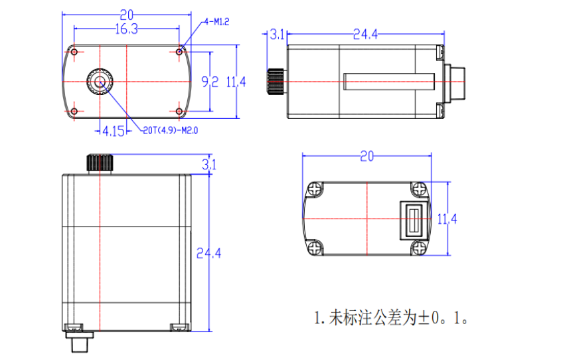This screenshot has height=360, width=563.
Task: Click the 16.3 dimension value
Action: pyautogui.click(x=126, y=29)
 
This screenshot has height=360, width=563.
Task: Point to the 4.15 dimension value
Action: pyautogui.click(x=113, y=131)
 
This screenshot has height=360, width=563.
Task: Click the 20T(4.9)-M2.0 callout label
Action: pyautogui.click(x=171, y=130)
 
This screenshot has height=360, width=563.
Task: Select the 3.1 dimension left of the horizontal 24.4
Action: pyautogui.click(x=277, y=35)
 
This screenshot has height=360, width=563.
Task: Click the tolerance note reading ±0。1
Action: pyautogui.click(x=392, y=317)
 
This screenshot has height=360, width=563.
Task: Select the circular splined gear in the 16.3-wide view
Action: pyautogui.click(x=100, y=82)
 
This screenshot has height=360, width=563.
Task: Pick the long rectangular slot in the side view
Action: pyautogui.click(x=389, y=81)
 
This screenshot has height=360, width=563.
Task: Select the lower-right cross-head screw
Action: pyautogui.click(x=418, y=248)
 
